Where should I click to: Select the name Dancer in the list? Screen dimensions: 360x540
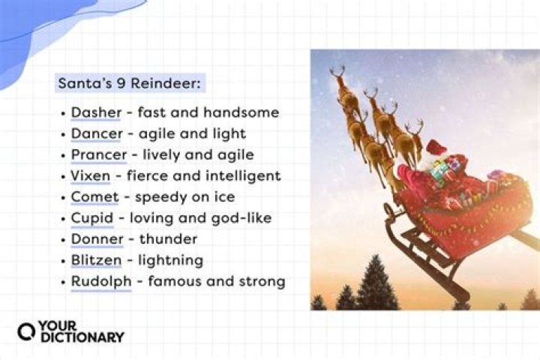94,134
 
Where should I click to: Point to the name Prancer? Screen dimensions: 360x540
96,155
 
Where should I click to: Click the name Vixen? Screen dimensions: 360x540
90,176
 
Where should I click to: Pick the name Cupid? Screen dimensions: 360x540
91,218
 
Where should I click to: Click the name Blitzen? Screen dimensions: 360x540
95,260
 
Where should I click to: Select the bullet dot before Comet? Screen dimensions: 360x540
62,198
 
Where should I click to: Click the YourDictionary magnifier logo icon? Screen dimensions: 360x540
27,331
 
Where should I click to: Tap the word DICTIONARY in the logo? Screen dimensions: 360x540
82,337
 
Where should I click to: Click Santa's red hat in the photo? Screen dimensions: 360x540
436,147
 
